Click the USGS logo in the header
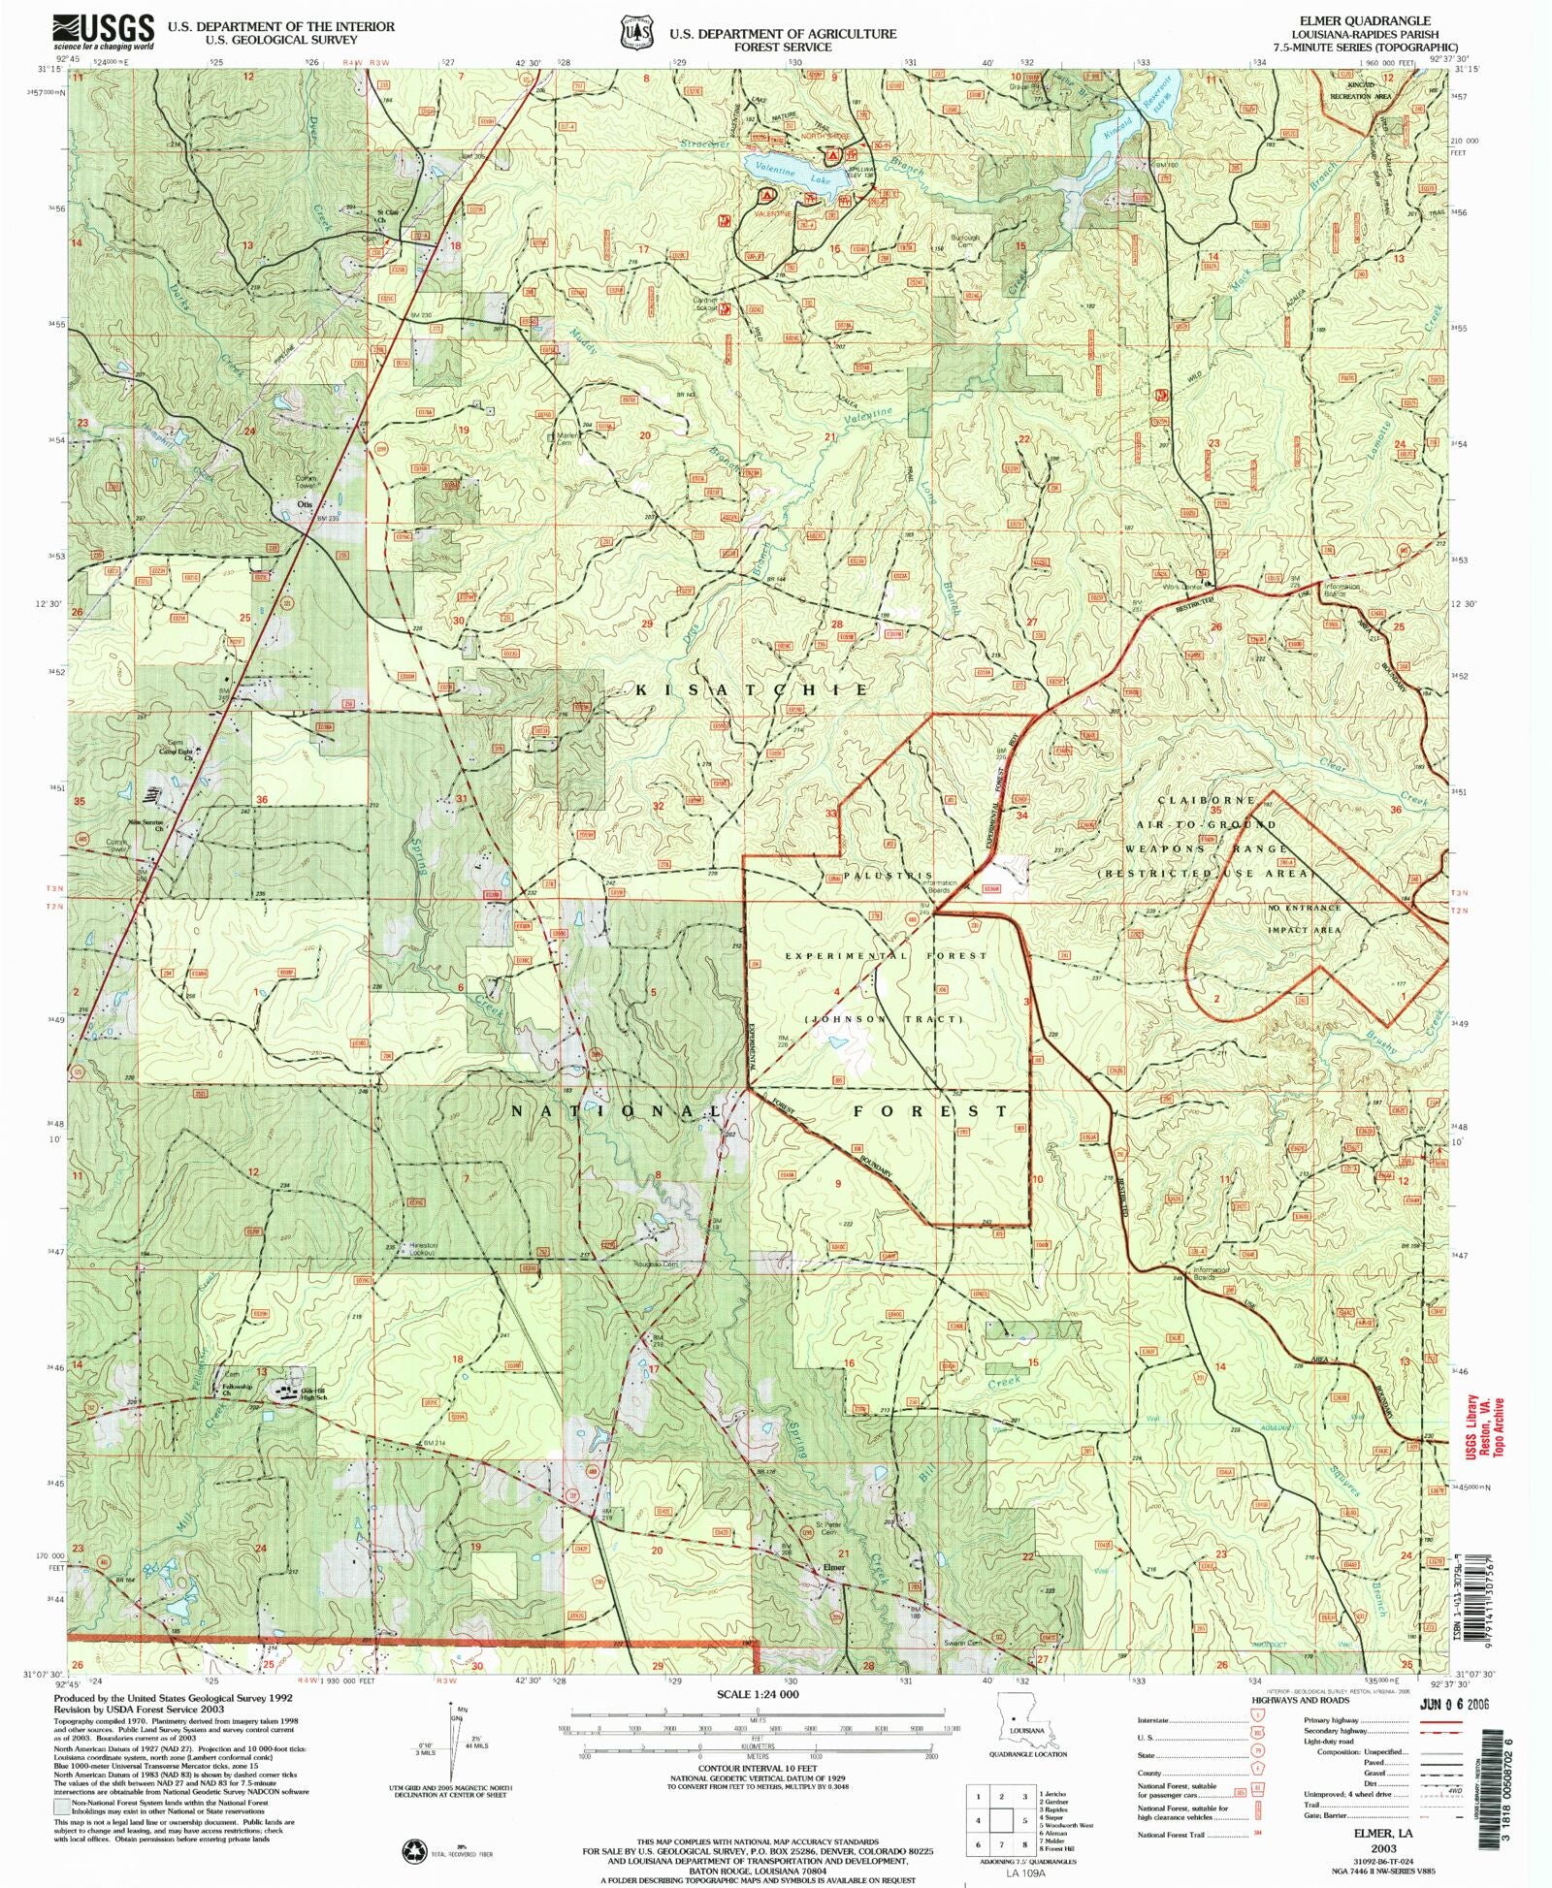pos(102,31)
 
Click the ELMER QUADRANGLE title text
pos(1383,20)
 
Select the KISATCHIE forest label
pos(753,689)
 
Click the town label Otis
pos(305,504)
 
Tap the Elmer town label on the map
pos(834,1567)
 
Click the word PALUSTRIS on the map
pos(888,876)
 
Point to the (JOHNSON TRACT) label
pos(883,1019)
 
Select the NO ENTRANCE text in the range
pos(1304,908)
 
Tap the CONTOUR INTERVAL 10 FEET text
pos(758,1768)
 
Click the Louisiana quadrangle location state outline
pos(1014,1722)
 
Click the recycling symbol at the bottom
pos(414,1850)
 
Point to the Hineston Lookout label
pos(424,1249)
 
